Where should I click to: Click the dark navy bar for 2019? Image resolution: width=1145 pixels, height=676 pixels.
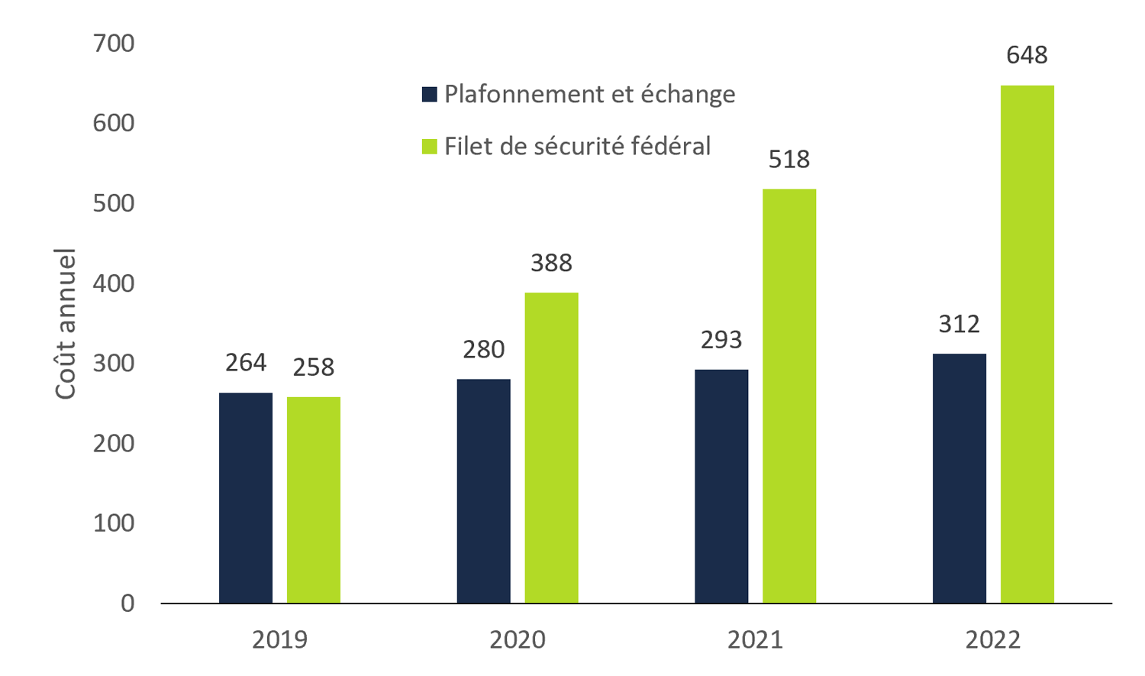pyautogui.click(x=246, y=498)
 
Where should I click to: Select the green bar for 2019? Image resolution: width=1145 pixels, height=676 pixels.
pyautogui.click(x=314, y=500)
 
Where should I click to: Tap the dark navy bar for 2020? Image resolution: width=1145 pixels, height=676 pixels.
pyautogui.click(x=484, y=491)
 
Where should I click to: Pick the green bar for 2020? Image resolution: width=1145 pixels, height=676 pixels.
pyautogui.click(x=551, y=448)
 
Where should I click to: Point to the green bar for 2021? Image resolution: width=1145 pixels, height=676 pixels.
pyautogui.click(x=789, y=396)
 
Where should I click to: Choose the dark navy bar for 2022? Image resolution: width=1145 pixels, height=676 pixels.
pyautogui.click(x=960, y=479)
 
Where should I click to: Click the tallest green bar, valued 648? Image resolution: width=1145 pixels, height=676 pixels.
pyautogui.click(x=1027, y=344)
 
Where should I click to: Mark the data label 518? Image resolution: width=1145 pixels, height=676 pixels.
pyautogui.click(x=789, y=159)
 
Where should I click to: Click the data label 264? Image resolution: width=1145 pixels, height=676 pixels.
pyautogui.click(x=246, y=363)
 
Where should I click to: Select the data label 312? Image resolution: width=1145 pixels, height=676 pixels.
pyautogui.click(x=960, y=324)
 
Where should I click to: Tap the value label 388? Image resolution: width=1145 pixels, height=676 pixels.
pyautogui.click(x=551, y=263)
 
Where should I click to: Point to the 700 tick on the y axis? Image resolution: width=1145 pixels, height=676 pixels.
pyautogui.click(x=114, y=44)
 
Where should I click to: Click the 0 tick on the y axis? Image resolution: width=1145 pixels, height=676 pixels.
pyautogui.click(x=127, y=603)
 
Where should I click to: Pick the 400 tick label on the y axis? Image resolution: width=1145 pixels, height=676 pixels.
pyautogui.click(x=114, y=283)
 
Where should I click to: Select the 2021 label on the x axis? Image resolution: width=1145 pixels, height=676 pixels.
pyautogui.click(x=756, y=639)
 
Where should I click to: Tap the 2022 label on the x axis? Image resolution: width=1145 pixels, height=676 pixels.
pyautogui.click(x=993, y=639)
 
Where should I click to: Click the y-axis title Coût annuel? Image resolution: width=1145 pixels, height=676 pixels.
pyautogui.click(x=66, y=323)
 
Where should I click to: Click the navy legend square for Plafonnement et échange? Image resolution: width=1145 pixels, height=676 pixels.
pyautogui.click(x=430, y=94)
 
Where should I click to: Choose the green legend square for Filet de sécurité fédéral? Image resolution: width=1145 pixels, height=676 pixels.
pyautogui.click(x=430, y=146)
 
